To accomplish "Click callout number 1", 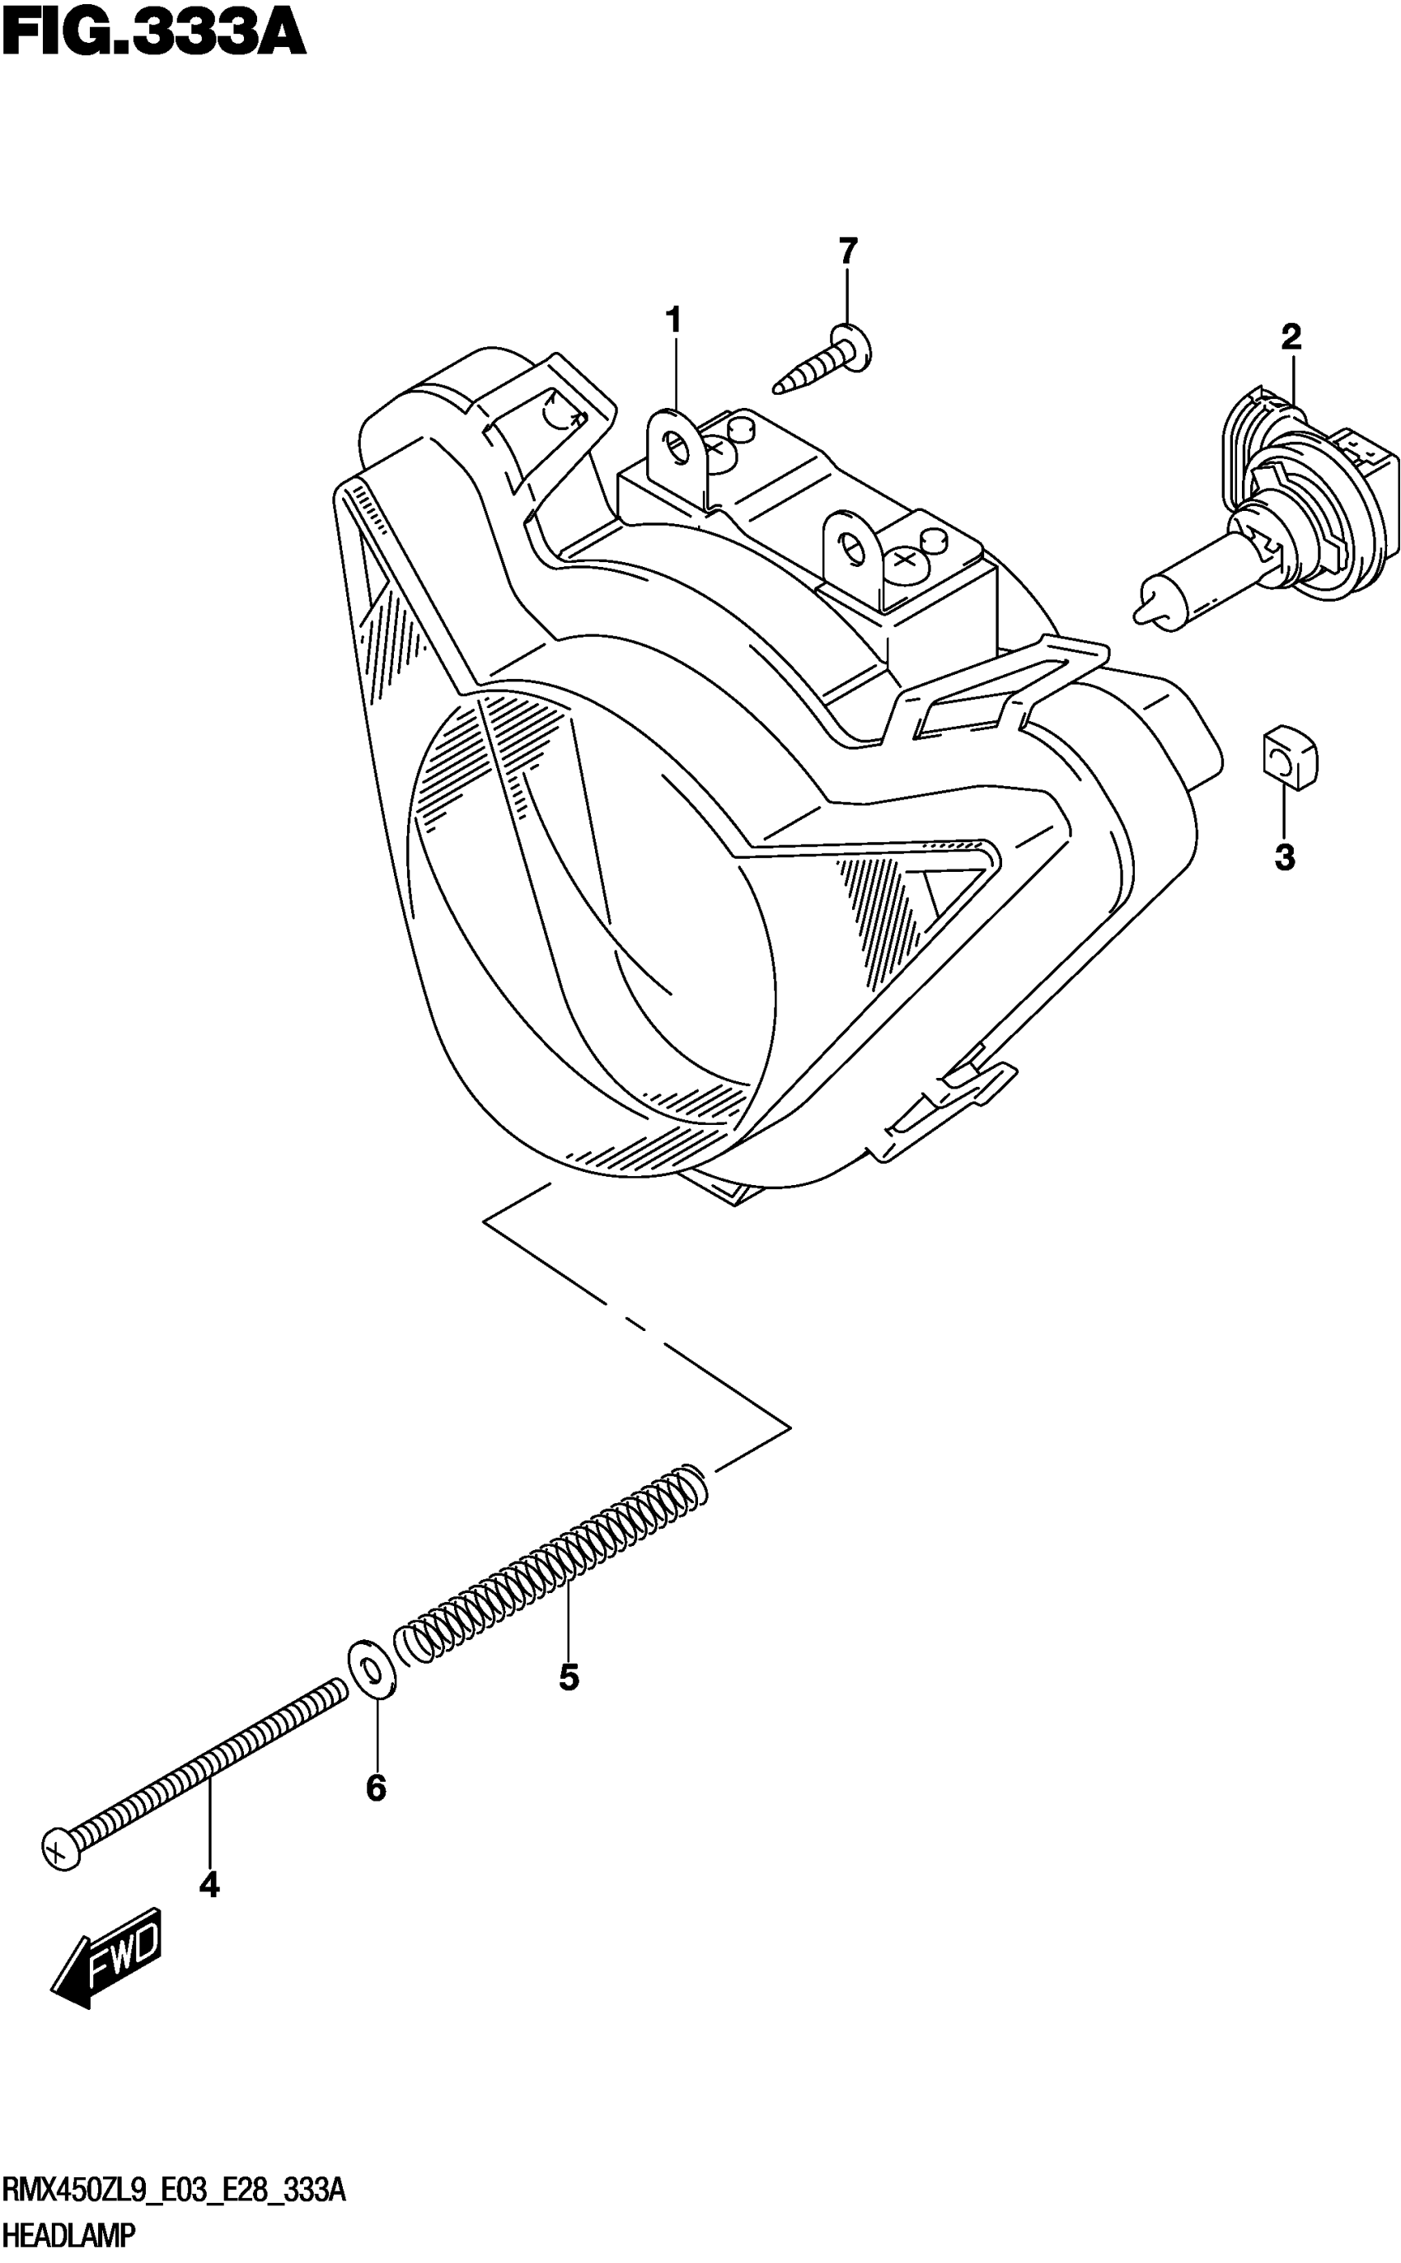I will click(x=673, y=321).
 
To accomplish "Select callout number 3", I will click(x=1284, y=858).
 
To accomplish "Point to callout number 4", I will click(x=209, y=1884).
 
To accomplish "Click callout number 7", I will click(x=848, y=251).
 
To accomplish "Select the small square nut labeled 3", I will click(x=1289, y=760).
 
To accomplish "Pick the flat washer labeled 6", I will click(x=373, y=1670).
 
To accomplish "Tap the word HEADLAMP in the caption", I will click(x=68, y=2234).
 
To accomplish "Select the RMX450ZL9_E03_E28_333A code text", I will click(x=174, y=2190).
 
